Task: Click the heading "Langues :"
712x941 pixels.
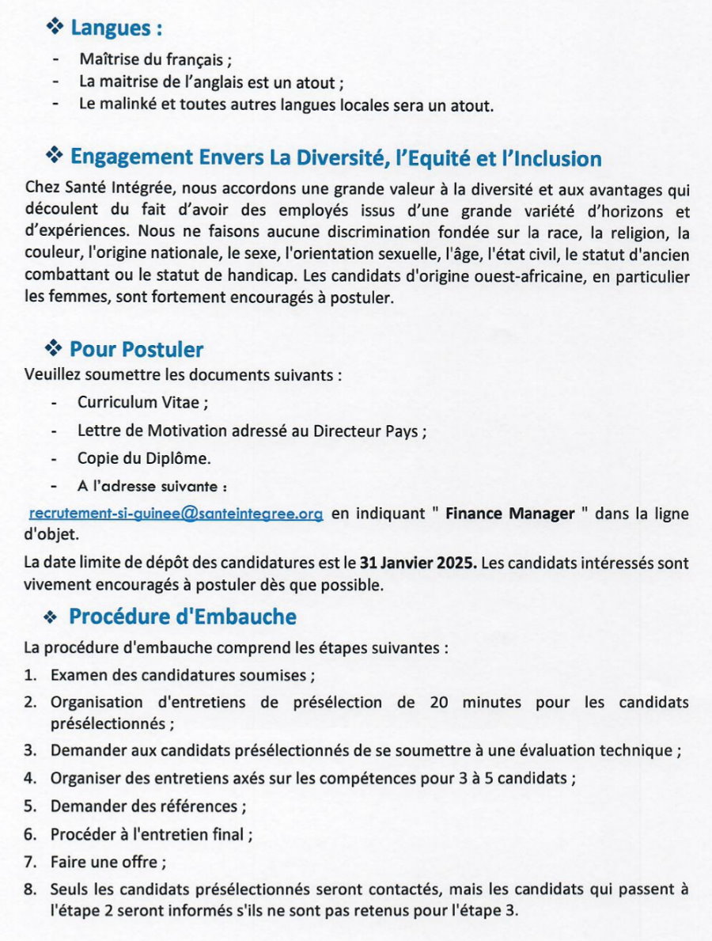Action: point(116,28)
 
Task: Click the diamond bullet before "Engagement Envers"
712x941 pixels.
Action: point(54,156)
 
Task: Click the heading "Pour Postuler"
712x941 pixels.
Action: point(136,349)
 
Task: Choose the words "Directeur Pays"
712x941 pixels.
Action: point(369,431)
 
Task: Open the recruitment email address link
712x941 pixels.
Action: point(176,514)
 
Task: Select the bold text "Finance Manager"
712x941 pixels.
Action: point(509,514)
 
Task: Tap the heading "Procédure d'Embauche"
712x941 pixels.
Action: point(182,616)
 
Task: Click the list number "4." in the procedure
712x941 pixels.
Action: point(30,777)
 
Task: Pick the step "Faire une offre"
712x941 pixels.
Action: point(104,861)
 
